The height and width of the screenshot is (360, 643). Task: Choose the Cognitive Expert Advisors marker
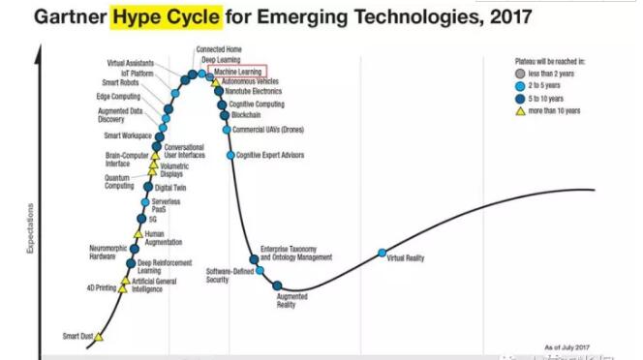230,155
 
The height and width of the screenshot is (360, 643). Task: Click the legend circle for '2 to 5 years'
520,86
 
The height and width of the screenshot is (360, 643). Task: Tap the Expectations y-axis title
32,228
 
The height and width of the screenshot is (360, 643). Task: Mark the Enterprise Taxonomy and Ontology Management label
296,254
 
